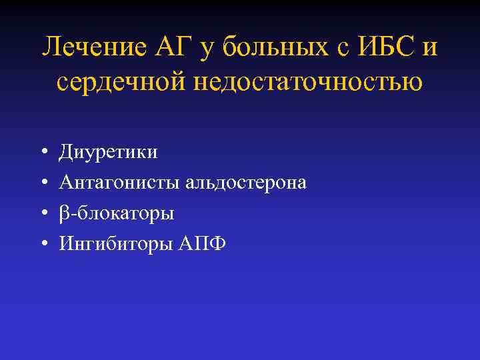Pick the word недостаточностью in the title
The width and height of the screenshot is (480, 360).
pyautogui.click(x=307, y=83)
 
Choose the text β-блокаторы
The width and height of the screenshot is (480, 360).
pyautogui.click(x=117, y=214)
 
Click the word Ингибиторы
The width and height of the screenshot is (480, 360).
pyautogui.click(x=115, y=245)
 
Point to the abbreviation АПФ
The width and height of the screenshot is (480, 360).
pyautogui.click(x=202, y=245)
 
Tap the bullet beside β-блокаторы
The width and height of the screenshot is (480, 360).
pyautogui.click(x=42, y=214)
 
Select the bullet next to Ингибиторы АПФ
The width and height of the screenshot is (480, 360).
pyautogui.click(x=42, y=245)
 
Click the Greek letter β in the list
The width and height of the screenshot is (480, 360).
pyautogui.click(x=64, y=214)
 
